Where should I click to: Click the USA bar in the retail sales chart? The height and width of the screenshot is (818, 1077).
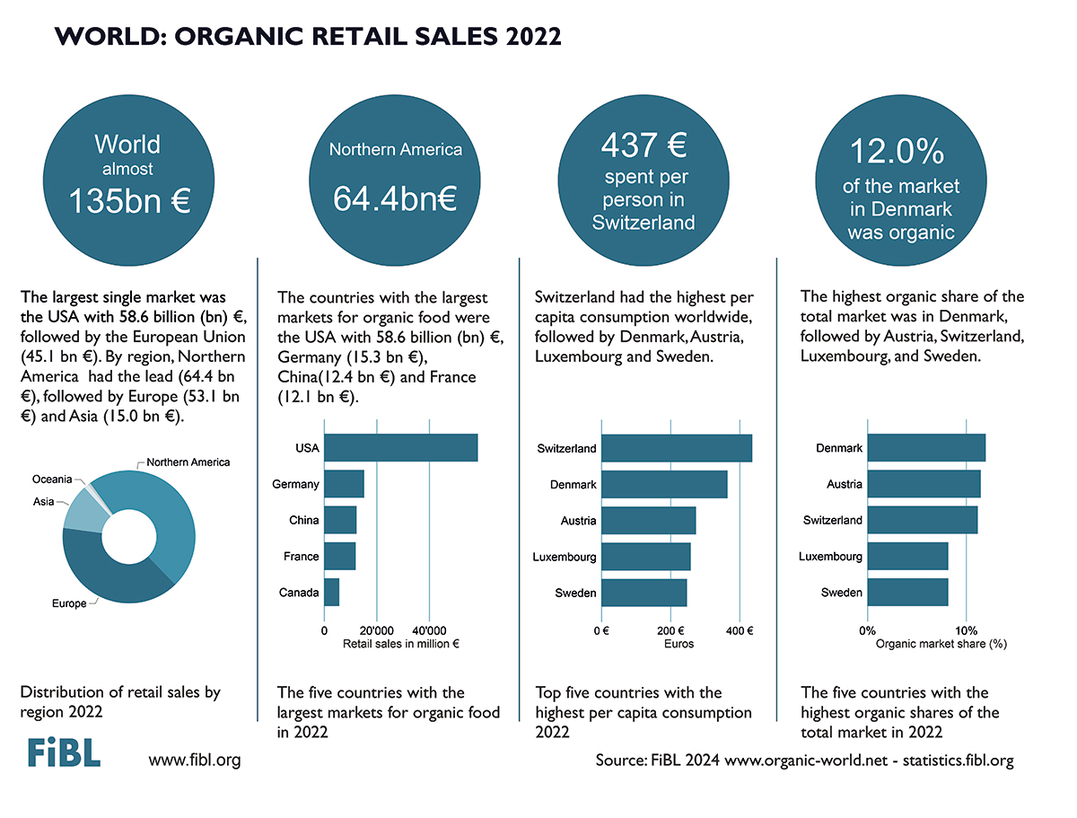tap(401, 447)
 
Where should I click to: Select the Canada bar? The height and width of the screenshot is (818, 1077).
tap(332, 593)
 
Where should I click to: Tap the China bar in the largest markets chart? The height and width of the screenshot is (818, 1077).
tap(340, 520)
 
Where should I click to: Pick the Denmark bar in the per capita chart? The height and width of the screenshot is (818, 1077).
tap(664, 484)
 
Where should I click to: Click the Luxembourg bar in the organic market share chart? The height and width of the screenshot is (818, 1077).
tap(907, 556)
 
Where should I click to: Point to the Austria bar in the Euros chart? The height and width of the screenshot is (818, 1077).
tap(649, 520)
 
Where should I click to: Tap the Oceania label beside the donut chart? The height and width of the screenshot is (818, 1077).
tap(52, 479)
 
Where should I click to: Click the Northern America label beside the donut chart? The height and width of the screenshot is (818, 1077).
tap(188, 462)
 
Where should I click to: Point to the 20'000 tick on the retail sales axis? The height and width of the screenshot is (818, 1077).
tap(376, 630)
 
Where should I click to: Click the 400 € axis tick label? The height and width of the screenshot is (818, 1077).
tap(740, 630)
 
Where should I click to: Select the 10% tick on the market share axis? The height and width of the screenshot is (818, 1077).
tap(966, 630)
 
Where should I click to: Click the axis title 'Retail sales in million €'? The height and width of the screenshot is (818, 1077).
tap(401, 644)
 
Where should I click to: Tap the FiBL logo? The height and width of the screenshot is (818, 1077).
tap(65, 752)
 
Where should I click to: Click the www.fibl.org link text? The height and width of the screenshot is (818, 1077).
tap(195, 761)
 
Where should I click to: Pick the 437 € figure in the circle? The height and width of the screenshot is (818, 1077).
tap(644, 145)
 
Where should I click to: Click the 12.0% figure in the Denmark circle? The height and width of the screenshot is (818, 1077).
tap(897, 151)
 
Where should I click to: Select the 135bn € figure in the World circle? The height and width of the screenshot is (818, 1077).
tap(129, 201)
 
